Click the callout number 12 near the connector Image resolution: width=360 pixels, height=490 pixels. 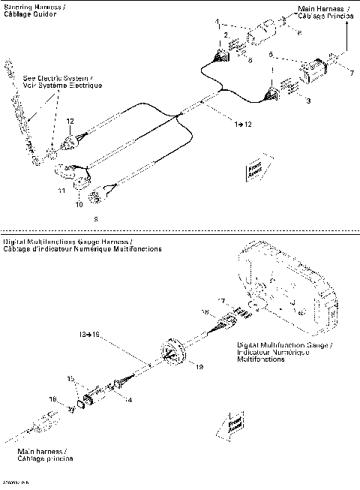(x=70, y=121)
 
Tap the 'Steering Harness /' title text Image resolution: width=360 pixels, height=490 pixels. (x=33, y=7)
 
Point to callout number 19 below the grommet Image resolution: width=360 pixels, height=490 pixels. (x=199, y=367)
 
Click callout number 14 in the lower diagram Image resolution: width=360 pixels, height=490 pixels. (x=128, y=400)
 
